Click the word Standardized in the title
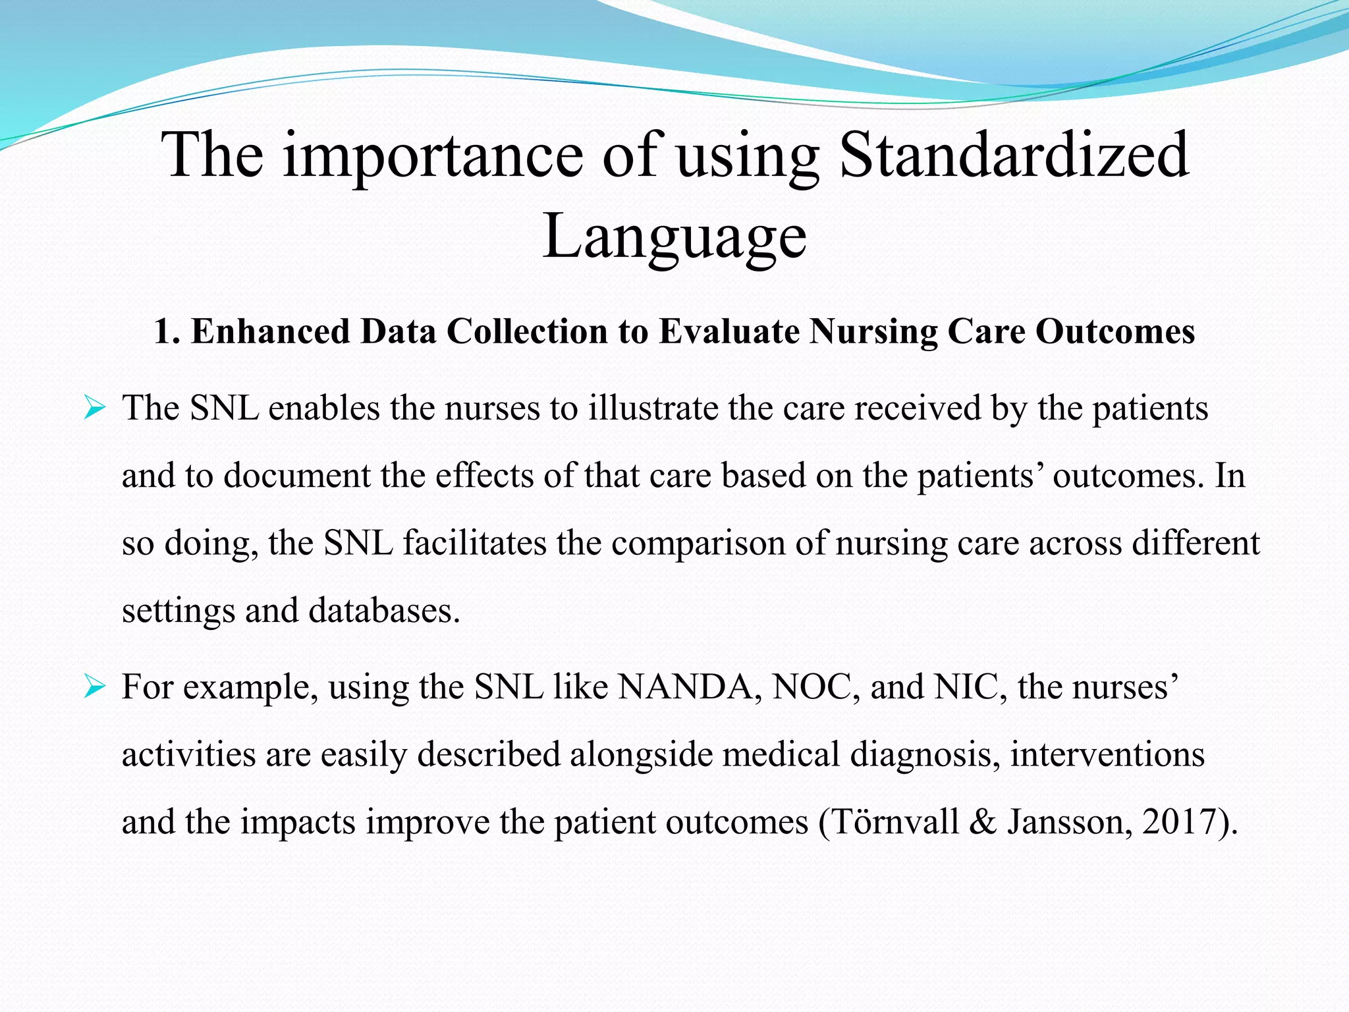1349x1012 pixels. point(1014,155)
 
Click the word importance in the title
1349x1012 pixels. point(433,156)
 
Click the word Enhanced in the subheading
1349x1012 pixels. point(270,331)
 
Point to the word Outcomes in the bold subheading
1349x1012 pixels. point(1115,331)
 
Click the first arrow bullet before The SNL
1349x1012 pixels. point(95,410)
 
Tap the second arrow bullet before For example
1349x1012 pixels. point(95,689)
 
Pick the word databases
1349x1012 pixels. point(383,611)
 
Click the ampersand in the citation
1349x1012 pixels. point(983,822)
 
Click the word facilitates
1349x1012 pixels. point(474,544)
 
